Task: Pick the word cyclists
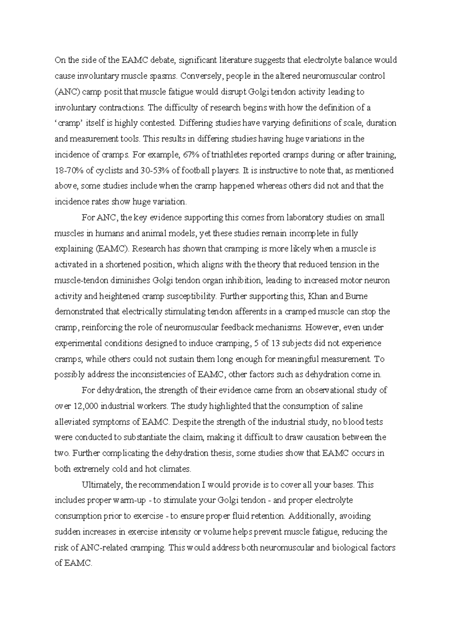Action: coord(109,170)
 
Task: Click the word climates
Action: coord(174,469)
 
